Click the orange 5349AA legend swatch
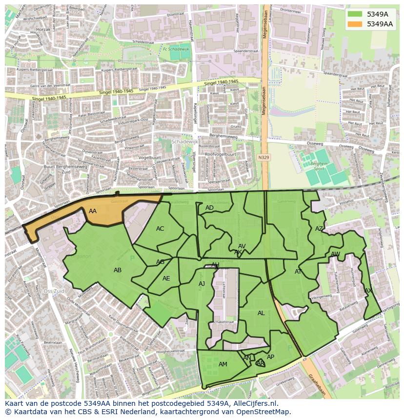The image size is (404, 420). [355, 24]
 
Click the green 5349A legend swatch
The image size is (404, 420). [355, 14]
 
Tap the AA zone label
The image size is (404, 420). [93, 211]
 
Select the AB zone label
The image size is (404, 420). [118, 270]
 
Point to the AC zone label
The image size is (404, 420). [160, 229]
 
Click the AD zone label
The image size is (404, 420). [209, 208]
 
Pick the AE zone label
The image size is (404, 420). [166, 279]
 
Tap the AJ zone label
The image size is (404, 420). [202, 284]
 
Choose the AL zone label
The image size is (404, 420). [261, 313]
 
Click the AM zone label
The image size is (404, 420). [223, 364]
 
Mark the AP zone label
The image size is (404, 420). [270, 357]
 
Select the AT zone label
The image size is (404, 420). [298, 272]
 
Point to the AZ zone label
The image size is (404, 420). [319, 229]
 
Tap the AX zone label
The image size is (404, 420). [368, 291]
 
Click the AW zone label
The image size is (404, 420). [335, 254]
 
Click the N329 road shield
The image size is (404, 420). [263, 158]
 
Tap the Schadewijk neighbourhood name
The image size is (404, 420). [185, 141]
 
